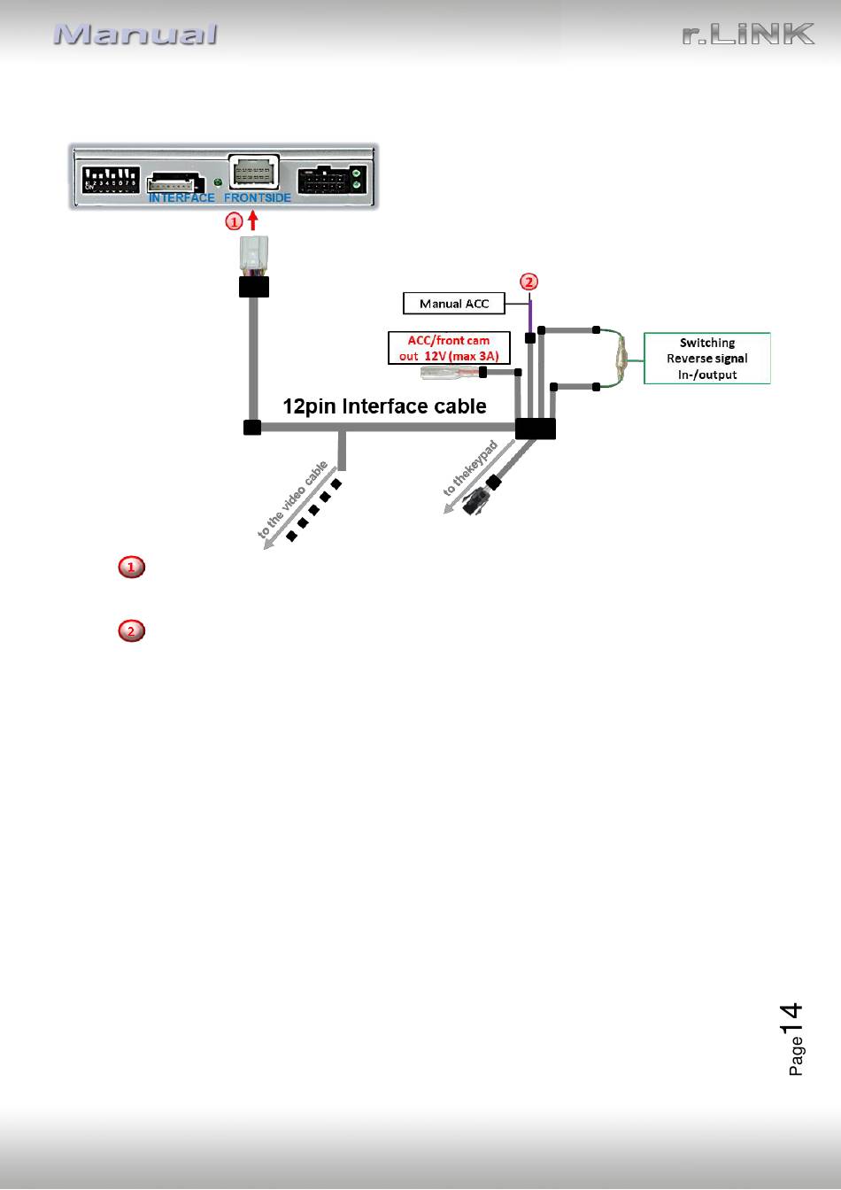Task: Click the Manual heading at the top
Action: click(x=135, y=35)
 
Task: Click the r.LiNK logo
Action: click(x=748, y=34)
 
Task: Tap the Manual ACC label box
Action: click(x=454, y=304)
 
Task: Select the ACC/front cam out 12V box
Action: click(x=449, y=348)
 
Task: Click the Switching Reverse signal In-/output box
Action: click(x=707, y=358)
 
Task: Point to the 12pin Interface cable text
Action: click(x=384, y=406)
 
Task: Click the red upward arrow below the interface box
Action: click(x=253, y=220)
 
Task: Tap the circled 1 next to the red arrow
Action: click(x=235, y=221)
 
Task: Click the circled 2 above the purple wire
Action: click(x=529, y=282)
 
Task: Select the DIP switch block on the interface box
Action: click(x=111, y=180)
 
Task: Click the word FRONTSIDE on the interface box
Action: click(x=257, y=197)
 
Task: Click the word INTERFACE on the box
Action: click(x=181, y=197)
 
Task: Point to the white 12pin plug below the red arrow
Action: click(x=254, y=253)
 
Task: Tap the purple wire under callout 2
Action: click(x=529, y=317)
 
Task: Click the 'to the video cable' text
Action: click(x=293, y=499)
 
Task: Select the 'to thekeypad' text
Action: click(x=471, y=468)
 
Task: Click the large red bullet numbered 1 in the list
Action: click(x=131, y=567)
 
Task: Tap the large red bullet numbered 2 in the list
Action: click(x=131, y=630)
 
